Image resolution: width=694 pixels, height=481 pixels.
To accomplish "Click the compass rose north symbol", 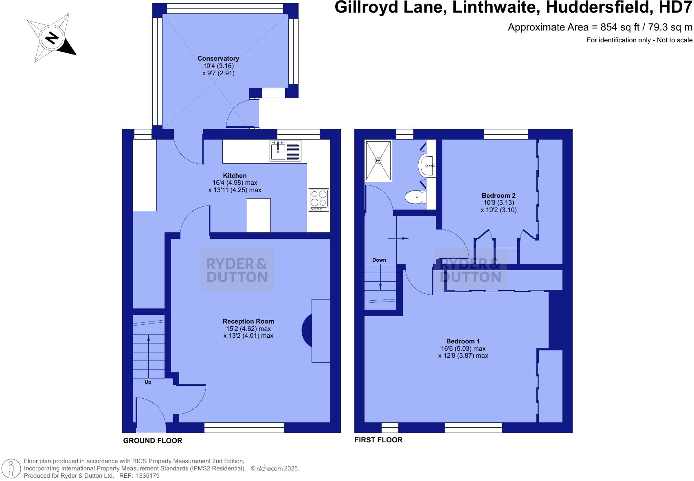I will tap(52, 38).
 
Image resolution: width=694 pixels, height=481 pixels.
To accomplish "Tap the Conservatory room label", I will tap(218, 59).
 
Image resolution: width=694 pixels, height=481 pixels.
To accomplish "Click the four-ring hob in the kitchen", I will tap(318, 199).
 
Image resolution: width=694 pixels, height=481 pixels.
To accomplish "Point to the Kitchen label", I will tap(235, 176).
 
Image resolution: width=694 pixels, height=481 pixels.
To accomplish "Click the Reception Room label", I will tap(248, 321).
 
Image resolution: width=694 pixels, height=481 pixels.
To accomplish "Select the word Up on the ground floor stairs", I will tap(148, 382).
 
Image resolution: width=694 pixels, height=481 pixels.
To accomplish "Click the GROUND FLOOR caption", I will tap(153, 441).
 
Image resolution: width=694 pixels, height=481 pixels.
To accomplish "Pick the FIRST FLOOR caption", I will tap(378, 440).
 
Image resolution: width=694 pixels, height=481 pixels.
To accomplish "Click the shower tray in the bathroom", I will tap(378, 161).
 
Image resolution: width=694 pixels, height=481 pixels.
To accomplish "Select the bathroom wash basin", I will tap(426, 166).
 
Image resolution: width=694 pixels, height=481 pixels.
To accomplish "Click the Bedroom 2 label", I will tap(499, 196).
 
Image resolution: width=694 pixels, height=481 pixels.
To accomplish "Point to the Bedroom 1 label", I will tap(463, 341).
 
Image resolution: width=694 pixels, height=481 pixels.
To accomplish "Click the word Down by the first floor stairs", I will tap(379, 260).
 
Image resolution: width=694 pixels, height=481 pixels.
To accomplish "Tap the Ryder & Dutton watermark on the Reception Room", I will tap(237, 270).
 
